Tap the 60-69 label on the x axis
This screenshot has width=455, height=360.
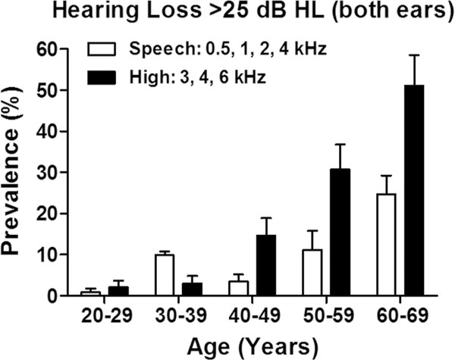[401, 313]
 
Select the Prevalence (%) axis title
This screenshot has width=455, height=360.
[14, 172]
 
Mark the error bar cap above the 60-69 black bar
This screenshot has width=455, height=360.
[415, 55]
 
